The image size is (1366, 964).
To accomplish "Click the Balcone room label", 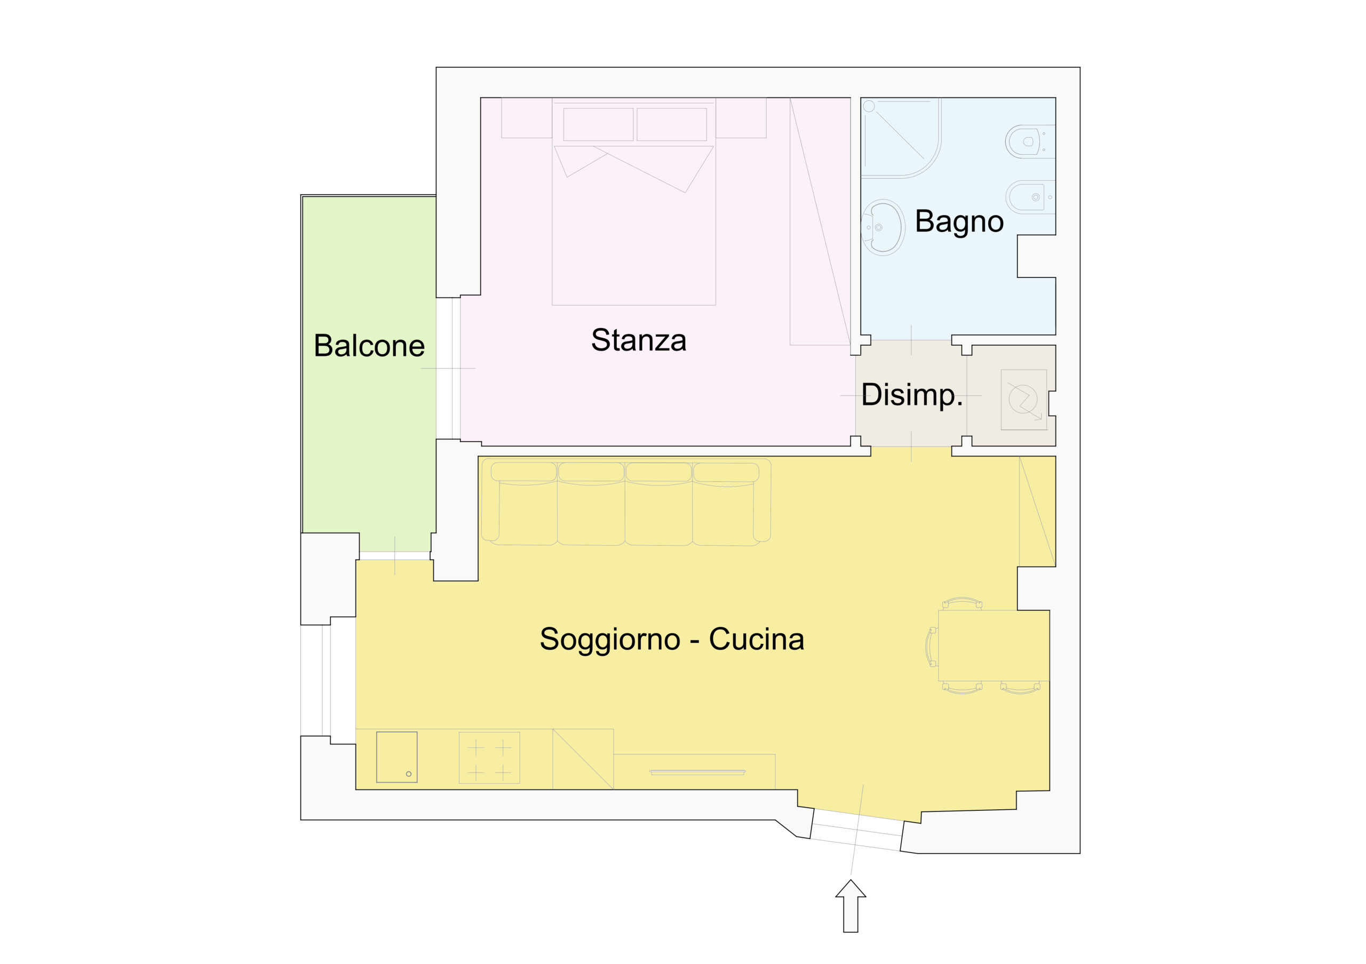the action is (369, 346).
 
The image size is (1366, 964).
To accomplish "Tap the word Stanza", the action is (638, 340).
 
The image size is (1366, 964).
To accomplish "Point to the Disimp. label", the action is (911, 395).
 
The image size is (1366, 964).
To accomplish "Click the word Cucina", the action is (756, 639).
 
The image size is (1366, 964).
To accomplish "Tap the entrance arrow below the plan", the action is (851, 905).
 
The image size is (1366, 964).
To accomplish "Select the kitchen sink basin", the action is (397, 757).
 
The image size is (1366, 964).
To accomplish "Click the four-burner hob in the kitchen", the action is (489, 758).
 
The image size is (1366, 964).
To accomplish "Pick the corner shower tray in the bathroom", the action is (901, 138).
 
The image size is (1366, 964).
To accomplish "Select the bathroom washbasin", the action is (883, 227).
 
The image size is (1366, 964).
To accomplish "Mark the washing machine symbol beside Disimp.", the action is (1023, 400).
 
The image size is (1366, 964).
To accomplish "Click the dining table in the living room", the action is (994, 645).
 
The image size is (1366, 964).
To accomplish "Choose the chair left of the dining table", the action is (931, 647).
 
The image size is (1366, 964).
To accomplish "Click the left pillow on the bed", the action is (598, 124).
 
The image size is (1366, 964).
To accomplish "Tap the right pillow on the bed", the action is (672, 124).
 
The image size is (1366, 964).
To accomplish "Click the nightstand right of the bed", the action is (741, 118).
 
